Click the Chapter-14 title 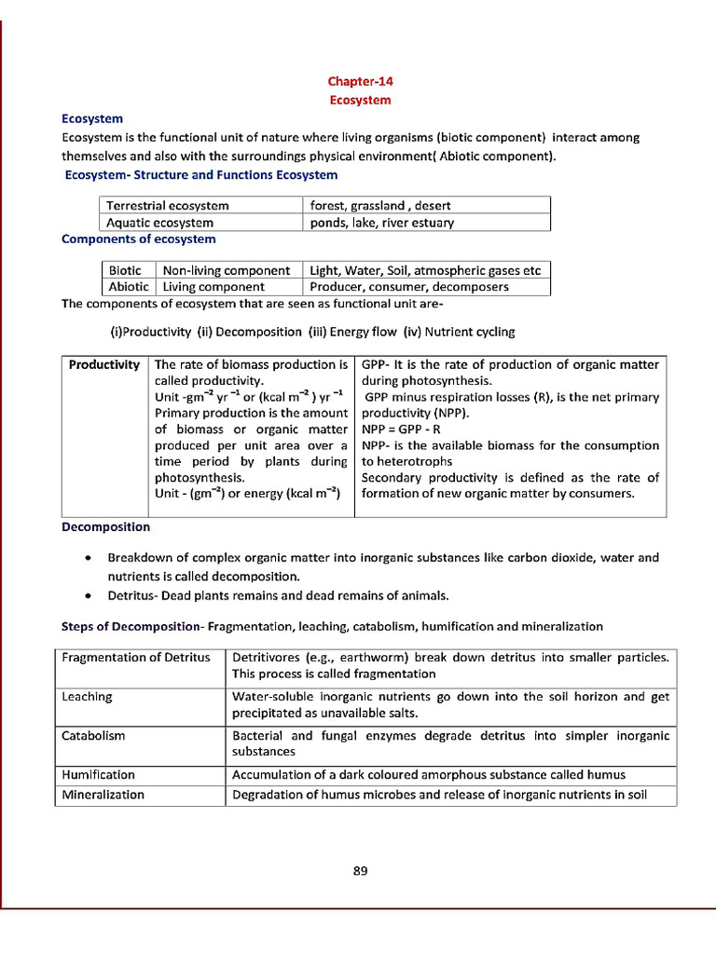tap(360, 82)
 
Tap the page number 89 tap(361, 871)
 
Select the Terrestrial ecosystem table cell tap(168, 206)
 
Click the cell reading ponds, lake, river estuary tap(382, 223)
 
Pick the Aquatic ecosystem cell tap(160, 223)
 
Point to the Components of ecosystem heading tap(138, 239)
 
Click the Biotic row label tap(126, 271)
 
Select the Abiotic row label tap(129, 287)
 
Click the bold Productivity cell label tap(104, 365)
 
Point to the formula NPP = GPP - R tap(401, 430)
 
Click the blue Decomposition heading tap(105, 527)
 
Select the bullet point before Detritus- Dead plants tap(87, 595)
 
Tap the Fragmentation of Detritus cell tap(136, 658)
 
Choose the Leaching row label tap(87, 697)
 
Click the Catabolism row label tap(93, 736)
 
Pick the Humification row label tap(98, 775)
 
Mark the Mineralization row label tap(103, 795)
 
